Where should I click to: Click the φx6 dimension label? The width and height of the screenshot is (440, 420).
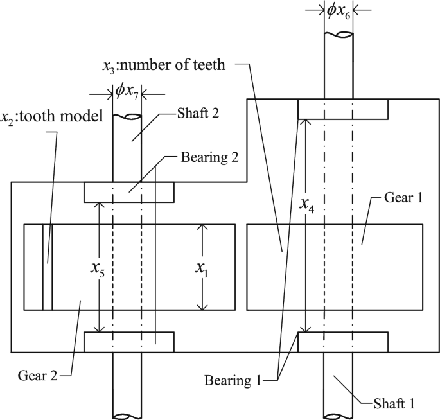coord(338,10)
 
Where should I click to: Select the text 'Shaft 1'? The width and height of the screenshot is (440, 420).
coord(394,403)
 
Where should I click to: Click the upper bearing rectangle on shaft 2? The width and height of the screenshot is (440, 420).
coord(128,192)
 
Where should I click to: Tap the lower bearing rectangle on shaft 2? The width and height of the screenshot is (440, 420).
coord(128,342)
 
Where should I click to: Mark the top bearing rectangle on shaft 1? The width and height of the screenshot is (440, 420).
coord(343,109)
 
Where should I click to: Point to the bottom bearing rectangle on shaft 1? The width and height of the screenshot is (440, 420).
coord(343,342)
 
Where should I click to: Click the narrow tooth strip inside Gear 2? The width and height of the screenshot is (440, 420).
coord(47,267)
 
